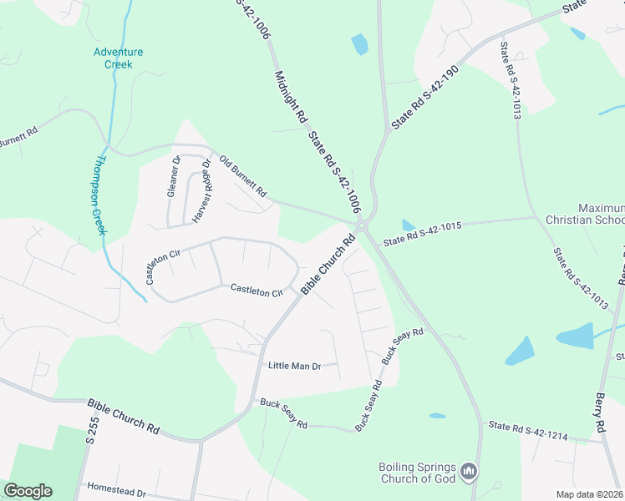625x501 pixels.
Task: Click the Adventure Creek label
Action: (118, 58)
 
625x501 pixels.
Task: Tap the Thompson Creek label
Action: (98, 195)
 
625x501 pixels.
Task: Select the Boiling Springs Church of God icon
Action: (470, 473)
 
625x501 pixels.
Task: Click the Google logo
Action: (28, 491)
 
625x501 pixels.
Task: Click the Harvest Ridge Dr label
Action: (201, 191)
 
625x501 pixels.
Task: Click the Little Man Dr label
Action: (294, 366)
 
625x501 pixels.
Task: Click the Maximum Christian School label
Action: (600, 214)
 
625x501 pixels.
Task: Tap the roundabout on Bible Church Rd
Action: (362, 225)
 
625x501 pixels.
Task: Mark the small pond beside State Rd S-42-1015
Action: (408, 225)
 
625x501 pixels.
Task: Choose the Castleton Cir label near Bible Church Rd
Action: (257, 291)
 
